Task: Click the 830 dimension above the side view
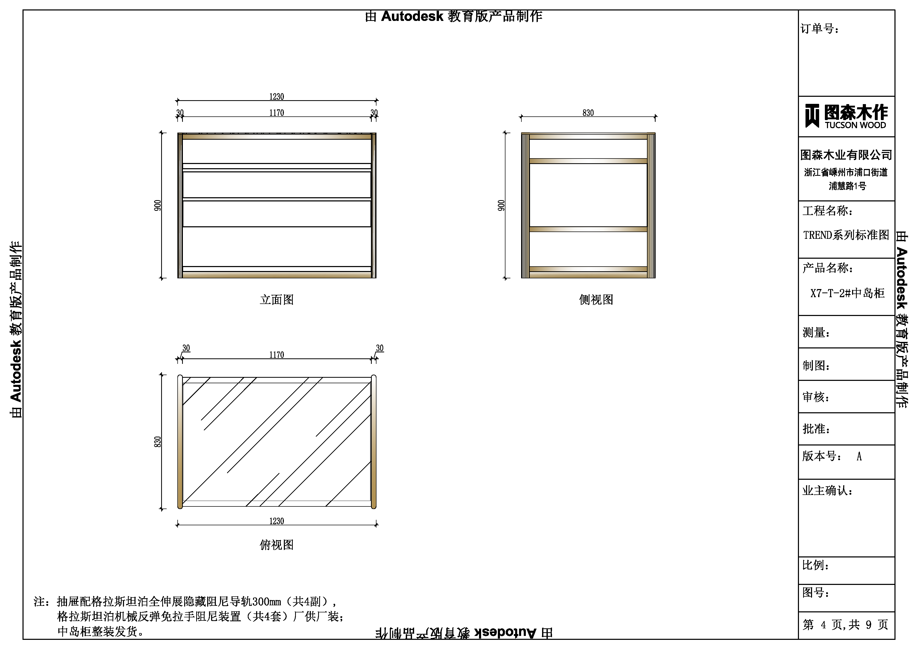pos(588,113)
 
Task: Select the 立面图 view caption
pos(277,300)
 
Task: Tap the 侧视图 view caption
pos(596,300)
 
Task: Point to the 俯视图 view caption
pos(277,545)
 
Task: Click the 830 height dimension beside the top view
pos(157,442)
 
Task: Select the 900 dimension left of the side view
pos(501,205)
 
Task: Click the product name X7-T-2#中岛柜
pos(847,293)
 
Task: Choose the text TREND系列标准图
pos(846,235)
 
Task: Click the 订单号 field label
pos(819,29)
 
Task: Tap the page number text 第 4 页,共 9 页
pos(845,625)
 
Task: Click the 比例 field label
pos(816,565)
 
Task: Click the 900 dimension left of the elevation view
pos(157,205)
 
